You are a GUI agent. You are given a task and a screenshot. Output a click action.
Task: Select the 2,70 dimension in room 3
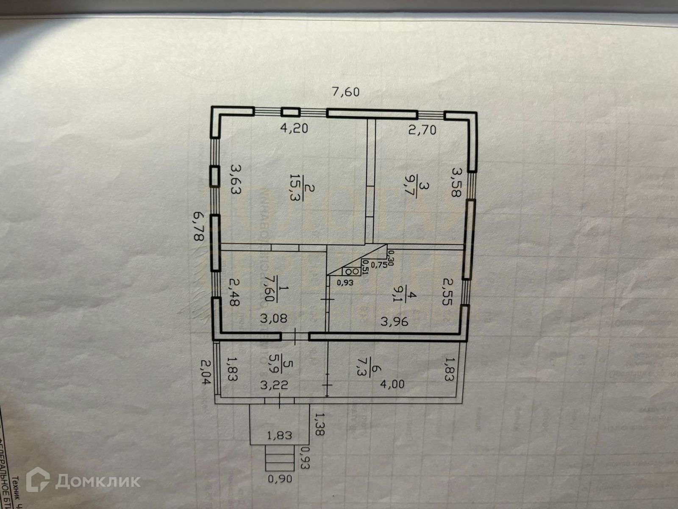[x=422, y=130]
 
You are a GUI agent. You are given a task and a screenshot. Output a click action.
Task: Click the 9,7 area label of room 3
[x=425, y=193]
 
